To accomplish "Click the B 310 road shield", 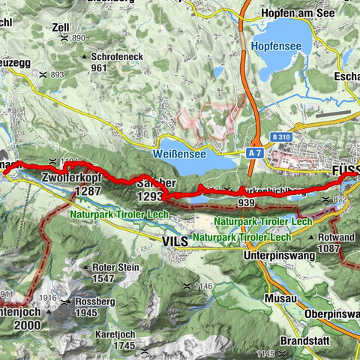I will (281, 137).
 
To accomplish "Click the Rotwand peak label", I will (336, 237).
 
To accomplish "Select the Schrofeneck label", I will (115, 56).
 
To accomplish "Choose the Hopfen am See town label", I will (298, 13).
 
